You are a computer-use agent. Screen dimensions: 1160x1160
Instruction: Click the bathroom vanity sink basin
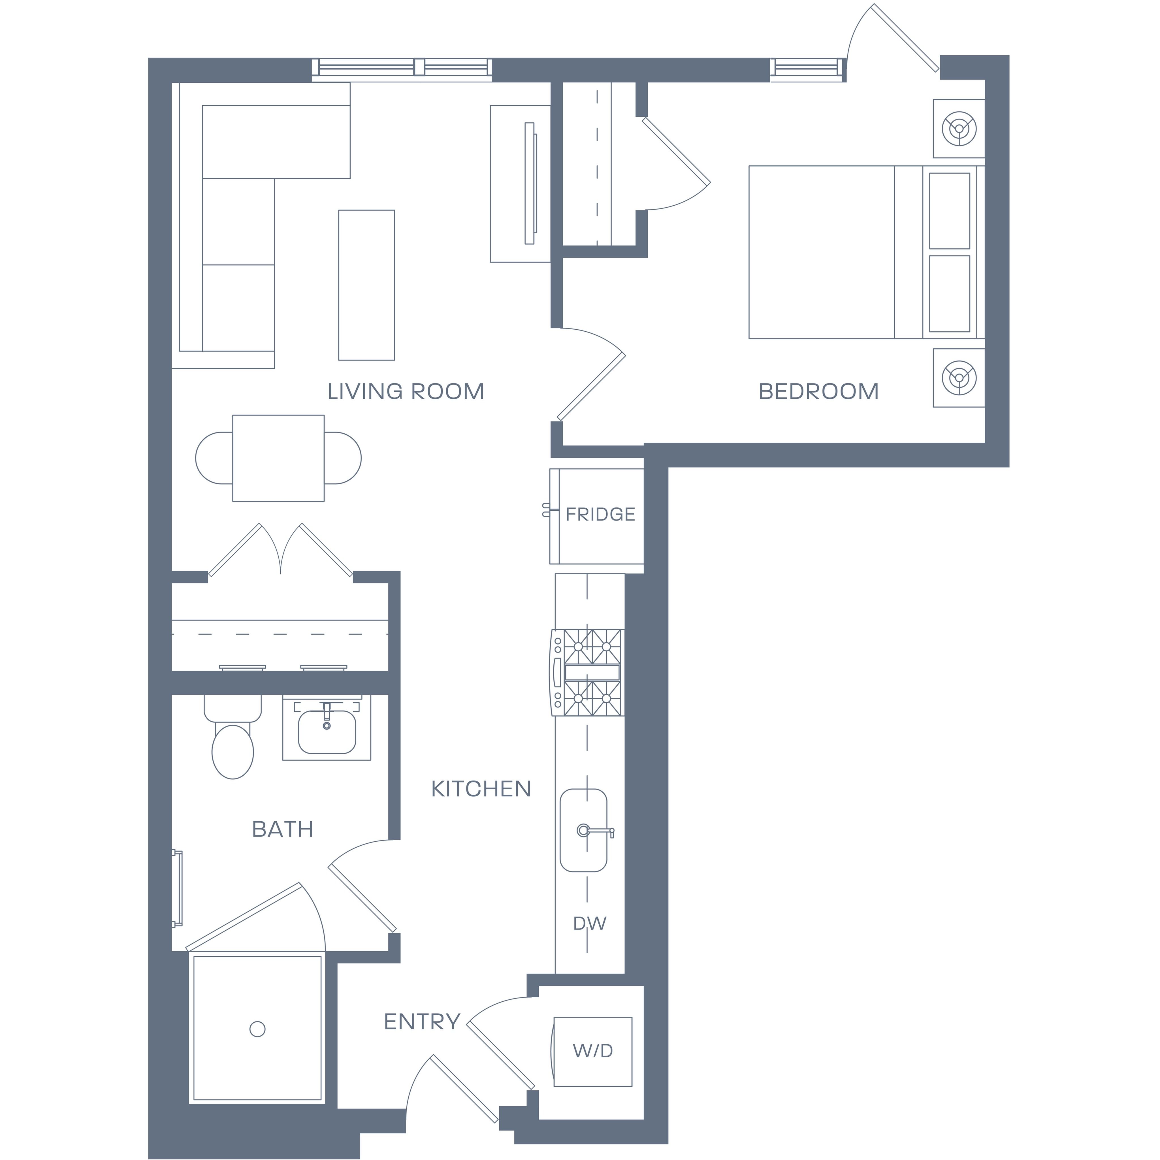pos(327,731)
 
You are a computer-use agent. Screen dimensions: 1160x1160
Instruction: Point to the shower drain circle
pos(258,1029)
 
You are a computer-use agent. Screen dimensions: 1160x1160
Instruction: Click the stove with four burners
pos(587,672)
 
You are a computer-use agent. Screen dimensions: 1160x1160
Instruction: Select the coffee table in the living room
pos(366,285)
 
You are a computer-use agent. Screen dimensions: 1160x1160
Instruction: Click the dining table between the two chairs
pos(279,458)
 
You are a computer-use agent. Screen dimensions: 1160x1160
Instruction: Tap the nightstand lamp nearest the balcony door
pos(959,128)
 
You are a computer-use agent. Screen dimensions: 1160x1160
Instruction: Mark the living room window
pos(402,68)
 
